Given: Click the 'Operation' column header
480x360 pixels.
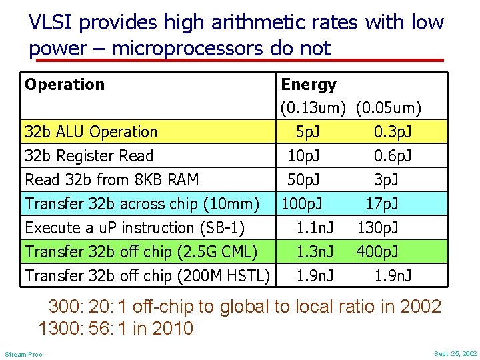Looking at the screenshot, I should point(65,85).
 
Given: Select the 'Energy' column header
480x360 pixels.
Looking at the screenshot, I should point(309,85).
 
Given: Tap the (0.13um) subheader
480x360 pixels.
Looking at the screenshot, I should point(313,107).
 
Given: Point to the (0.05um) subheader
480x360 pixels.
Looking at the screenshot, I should point(388,107).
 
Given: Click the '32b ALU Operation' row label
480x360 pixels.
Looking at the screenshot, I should point(91,132).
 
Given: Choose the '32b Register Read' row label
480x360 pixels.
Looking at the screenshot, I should point(89,156).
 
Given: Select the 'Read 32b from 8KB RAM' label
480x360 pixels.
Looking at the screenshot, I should point(111,179).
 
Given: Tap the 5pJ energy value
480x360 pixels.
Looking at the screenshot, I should point(307,132).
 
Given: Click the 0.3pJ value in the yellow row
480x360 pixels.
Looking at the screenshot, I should point(392,132).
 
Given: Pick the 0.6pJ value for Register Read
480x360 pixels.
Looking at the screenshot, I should point(392,156).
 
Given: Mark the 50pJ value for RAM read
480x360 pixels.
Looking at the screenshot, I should point(303,179).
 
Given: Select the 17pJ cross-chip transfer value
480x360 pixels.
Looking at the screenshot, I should point(381,203).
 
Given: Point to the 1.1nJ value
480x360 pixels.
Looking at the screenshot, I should point(315,227).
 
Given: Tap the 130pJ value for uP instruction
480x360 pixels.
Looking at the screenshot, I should point(378,227).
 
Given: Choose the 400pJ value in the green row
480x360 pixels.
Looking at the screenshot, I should point(378,251).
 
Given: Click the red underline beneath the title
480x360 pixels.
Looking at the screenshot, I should point(240,60).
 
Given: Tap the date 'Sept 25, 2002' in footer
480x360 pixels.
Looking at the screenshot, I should point(455,353).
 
